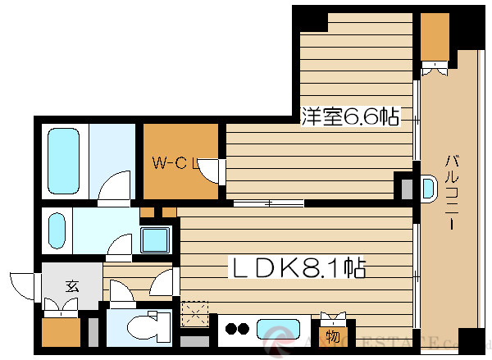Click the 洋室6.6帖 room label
349,118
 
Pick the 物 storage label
333,335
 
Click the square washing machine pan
154,239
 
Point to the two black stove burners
237,330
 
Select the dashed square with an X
194,315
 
